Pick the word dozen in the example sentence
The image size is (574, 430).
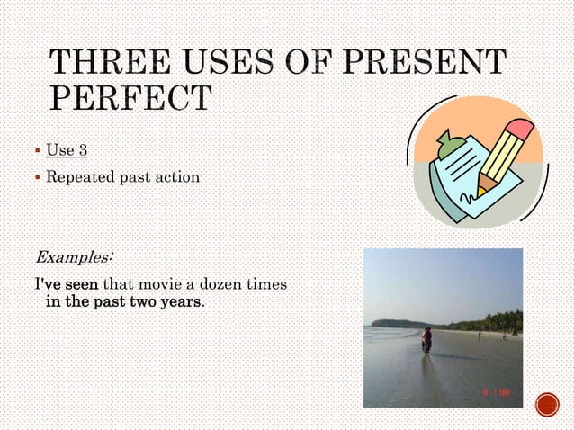click(221, 284)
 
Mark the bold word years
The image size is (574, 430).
click(180, 301)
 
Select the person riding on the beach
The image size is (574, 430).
click(426, 340)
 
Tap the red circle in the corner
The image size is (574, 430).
click(547, 406)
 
